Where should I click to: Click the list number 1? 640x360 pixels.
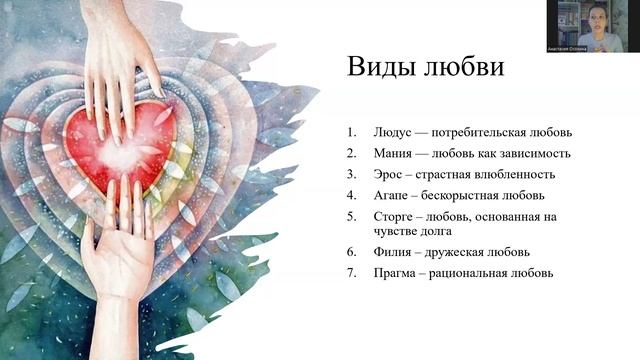pos(351,132)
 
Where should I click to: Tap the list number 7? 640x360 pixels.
pos(351,273)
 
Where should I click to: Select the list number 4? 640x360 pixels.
pos(351,195)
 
